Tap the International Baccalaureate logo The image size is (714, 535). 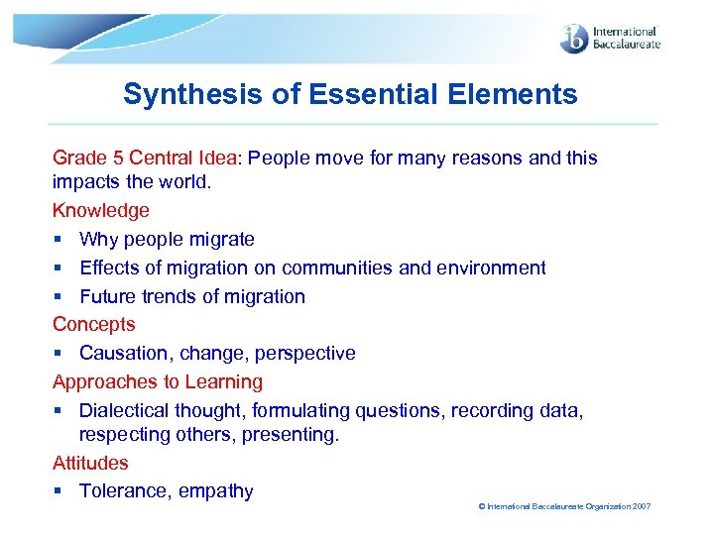pos(609,38)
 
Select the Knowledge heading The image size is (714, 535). pos(101,210)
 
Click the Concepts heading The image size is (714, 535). pos(93,324)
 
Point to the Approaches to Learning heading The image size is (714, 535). pos(158,381)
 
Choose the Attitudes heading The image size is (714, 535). pos(90,463)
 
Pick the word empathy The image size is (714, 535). pos(216,491)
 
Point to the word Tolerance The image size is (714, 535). pos(122,491)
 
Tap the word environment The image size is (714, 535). pos(491,267)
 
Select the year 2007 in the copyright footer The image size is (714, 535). pos(641,506)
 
